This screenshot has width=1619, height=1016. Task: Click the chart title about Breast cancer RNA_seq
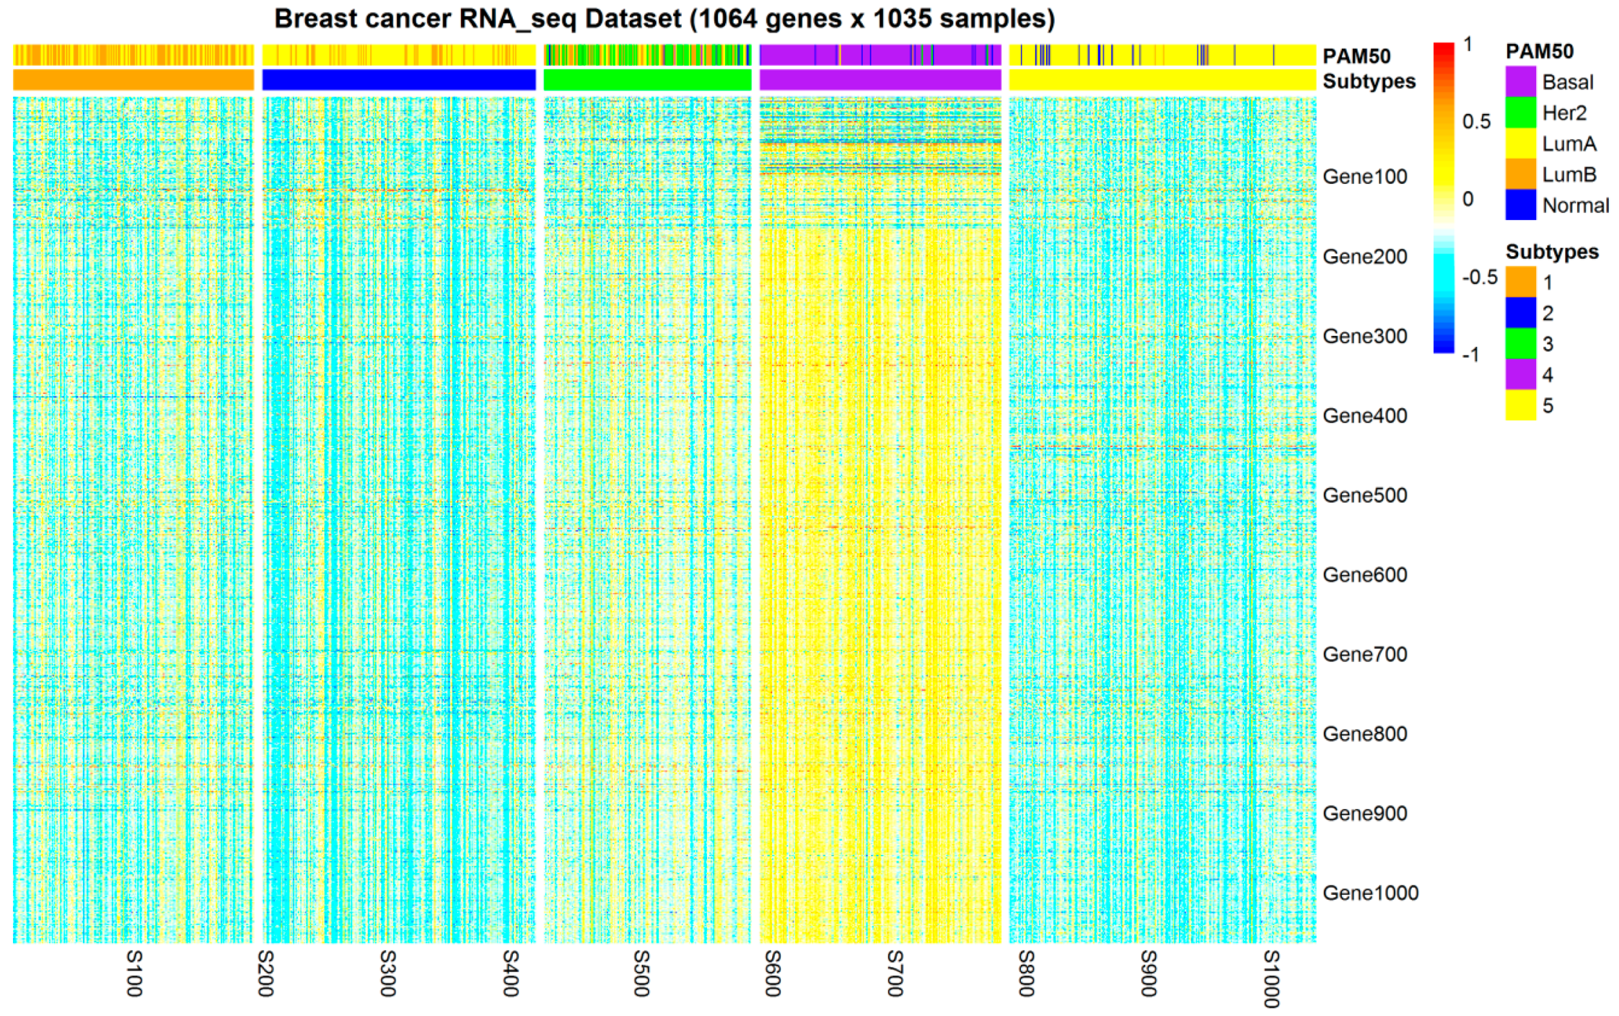pyautogui.click(x=664, y=19)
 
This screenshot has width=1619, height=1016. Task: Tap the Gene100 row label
pyautogui.click(x=1365, y=177)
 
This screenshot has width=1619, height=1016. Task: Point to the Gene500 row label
pyautogui.click(x=1365, y=495)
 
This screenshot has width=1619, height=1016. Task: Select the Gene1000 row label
pyautogui.click(x=1370, y=893)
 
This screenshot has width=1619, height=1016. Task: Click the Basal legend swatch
pyautogui.click(x=1520, y=82)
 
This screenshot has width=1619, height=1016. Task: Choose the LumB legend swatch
pyautogui.click(x=1520, y=175)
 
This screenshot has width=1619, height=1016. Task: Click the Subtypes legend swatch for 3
pyautogui.click(x=1520, y=344)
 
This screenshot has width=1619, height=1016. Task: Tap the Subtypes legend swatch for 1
pyautogui.click(x=1520, y=282)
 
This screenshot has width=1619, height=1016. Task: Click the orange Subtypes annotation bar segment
pyautogui.click(x=133, y=80)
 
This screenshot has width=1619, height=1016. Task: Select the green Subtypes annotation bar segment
pyautogui.click(x=647, y=80)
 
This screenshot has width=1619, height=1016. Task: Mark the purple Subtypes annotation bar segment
pyautogui.click(x=880, y=80)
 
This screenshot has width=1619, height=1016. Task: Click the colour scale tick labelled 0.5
pyautogui.click(x=1477, y=122)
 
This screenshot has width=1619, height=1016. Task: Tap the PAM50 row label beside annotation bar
pyautogui.click(x=1356, y=56)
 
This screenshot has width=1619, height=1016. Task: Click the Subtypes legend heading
pyautogui.click(x=1552, y=252)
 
